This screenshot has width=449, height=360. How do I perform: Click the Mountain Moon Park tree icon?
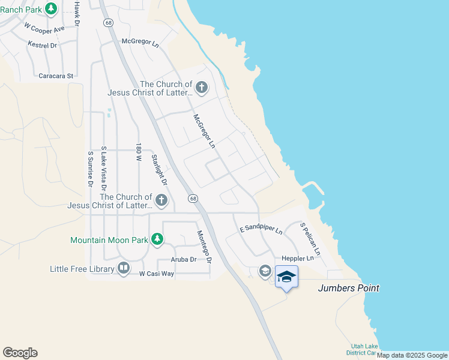click(x=157, y=240)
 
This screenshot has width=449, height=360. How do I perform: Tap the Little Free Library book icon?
click(x=124, y=268)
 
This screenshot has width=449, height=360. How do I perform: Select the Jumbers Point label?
click(x=348, y=288)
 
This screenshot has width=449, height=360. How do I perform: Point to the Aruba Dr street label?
click(x=184, y=259)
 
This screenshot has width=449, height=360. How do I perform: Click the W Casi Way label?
click(x=156, y=274)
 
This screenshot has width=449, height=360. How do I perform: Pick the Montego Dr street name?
click(x=205, y=247)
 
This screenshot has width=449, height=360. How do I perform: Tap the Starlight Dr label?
click(x=158, y=170)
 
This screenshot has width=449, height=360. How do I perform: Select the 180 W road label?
click(x=138, y=153)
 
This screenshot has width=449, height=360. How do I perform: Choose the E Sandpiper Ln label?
click(x=261, y=229)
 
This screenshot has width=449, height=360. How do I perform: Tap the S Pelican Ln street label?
click(x=310, y=239)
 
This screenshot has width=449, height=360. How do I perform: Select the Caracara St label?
click(x=55, y=76)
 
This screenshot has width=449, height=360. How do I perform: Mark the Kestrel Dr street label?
click(x=42, y=45)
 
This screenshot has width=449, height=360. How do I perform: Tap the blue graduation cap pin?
click(x=286, y=277)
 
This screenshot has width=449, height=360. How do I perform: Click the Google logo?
click(x=20, y=353)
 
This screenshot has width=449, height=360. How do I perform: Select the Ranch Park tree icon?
click(x=51, y=8)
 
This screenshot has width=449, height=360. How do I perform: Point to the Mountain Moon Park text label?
click(x=109, y=240)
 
